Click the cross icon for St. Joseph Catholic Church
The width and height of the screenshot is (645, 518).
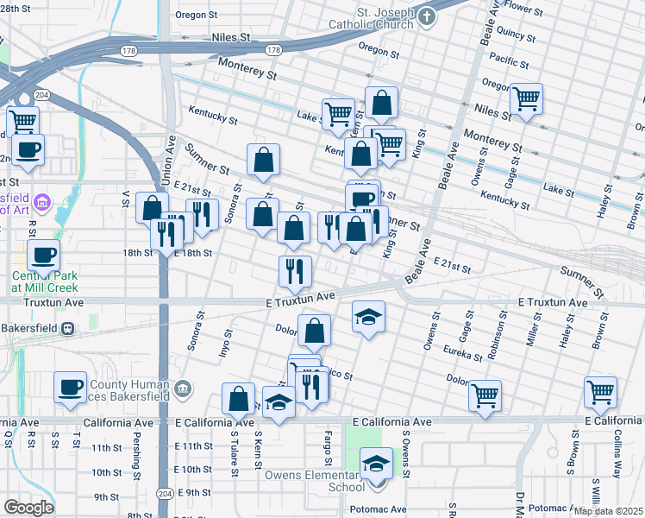[x=426, y=16]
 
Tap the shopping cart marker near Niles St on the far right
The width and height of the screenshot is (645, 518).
[x=525, y=98]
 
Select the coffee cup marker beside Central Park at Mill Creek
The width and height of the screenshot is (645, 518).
[x=43, y=255]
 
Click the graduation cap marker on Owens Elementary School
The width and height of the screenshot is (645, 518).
[x=375, y=464]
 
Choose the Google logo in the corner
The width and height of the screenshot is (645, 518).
[x=28, y=508]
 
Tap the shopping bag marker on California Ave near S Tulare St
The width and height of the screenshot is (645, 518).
[x=239, y=399]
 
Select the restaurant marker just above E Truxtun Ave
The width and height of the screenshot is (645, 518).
[x=295, y=271]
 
